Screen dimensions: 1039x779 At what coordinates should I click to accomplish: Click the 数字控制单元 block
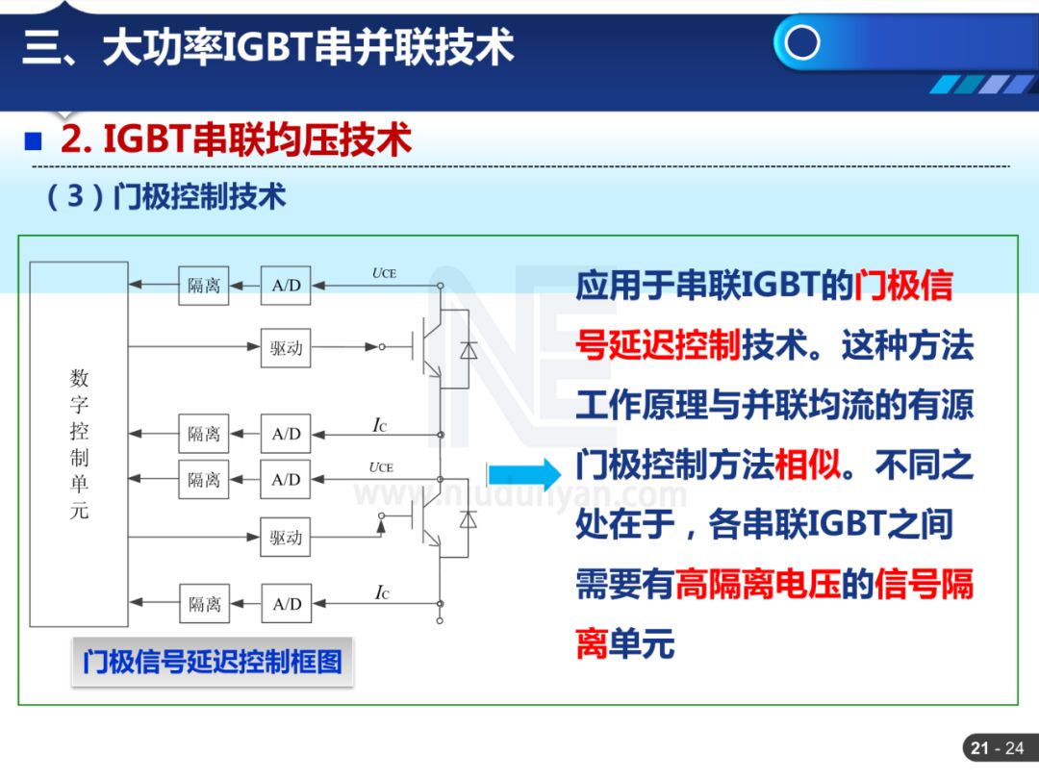[x=79, y=443]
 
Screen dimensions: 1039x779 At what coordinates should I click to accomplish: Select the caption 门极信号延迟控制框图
[x=212, y=662]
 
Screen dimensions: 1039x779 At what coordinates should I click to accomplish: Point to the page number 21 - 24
[x=998, y=748]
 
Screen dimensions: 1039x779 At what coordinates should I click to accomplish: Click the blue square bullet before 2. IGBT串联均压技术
[x=34, y=141]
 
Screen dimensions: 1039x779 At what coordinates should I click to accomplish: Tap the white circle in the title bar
[x=802, y=43]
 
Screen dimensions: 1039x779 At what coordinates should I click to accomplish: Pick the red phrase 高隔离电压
[x=757, y=585]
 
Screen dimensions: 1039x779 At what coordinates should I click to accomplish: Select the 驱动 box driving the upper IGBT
[x=286, y=347]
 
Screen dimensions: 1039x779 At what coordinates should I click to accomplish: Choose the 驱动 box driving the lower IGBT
[x=286, y=537]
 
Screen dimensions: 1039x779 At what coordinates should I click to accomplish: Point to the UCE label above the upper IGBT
[x=383, y=273]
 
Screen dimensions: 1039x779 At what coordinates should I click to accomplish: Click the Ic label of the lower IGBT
[x=381, y=592]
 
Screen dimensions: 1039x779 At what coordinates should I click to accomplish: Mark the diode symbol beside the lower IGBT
[x=469, y=519]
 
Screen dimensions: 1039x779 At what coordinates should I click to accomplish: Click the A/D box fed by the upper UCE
[x=286, y=286]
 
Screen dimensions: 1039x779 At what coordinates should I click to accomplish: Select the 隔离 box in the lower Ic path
[x=204, y=604]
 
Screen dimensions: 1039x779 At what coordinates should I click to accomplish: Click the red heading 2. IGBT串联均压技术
[x=236, y=140]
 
